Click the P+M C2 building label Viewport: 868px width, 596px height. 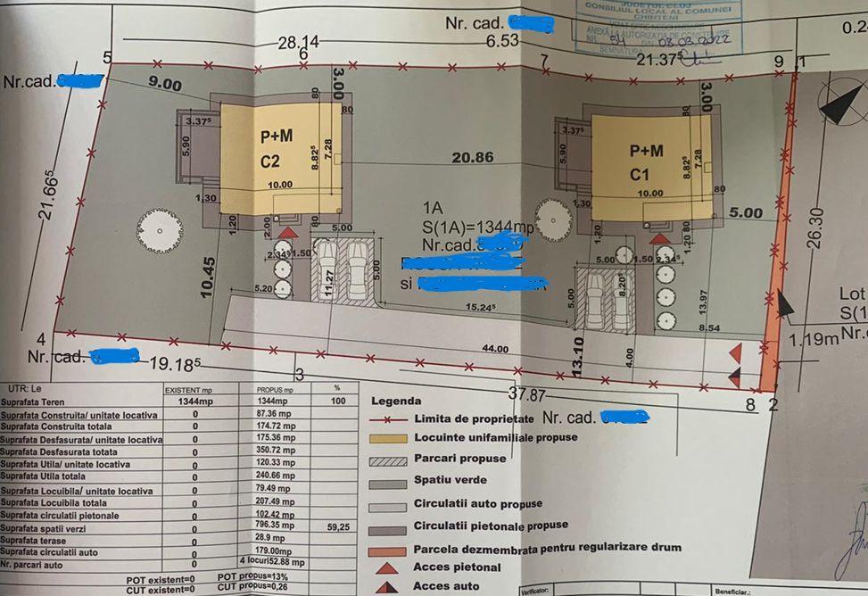[x=278, y=150]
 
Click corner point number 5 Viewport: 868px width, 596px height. [x=107, y=58]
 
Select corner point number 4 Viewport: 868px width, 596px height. [x=41, y=339]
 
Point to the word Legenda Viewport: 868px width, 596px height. [x=396, y=401]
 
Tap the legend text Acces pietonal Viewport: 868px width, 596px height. [x=458, y=567]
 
